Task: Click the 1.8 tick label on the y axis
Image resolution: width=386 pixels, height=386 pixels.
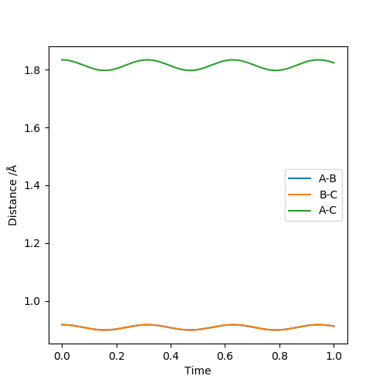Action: (32, 70)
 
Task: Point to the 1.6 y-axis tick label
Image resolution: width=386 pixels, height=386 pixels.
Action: (32, 128)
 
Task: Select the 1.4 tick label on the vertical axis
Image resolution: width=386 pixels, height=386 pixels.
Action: (32, 185)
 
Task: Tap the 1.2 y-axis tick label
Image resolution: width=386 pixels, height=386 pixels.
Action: (32, 243)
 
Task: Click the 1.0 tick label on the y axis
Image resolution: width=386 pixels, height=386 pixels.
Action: (32, 301)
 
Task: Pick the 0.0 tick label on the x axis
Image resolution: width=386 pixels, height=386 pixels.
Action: (62, 356)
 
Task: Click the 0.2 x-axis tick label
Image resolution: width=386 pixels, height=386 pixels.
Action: (117, 356)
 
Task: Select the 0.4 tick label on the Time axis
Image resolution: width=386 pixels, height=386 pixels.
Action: (171, 356)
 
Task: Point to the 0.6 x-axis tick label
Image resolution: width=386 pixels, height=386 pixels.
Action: (225, 356)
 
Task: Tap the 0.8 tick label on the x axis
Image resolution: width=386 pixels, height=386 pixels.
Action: (279, 356)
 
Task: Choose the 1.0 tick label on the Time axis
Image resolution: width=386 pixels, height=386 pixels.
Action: (334, 356)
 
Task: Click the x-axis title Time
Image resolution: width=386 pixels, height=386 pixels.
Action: (198, 371)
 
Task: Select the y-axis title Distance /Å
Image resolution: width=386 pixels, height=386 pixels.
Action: (12, 195)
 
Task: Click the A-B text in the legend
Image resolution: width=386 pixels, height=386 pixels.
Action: (327, 178)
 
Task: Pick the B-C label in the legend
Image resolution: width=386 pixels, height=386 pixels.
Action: (328, 195)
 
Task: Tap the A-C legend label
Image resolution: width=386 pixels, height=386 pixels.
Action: (327, 211)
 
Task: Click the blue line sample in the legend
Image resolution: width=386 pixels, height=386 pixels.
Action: (300, 178)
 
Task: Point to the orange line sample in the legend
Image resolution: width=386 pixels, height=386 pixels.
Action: (300, 195)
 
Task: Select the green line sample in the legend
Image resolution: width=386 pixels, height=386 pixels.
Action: (300, 211)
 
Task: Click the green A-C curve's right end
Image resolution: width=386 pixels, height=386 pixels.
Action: (334, 63)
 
